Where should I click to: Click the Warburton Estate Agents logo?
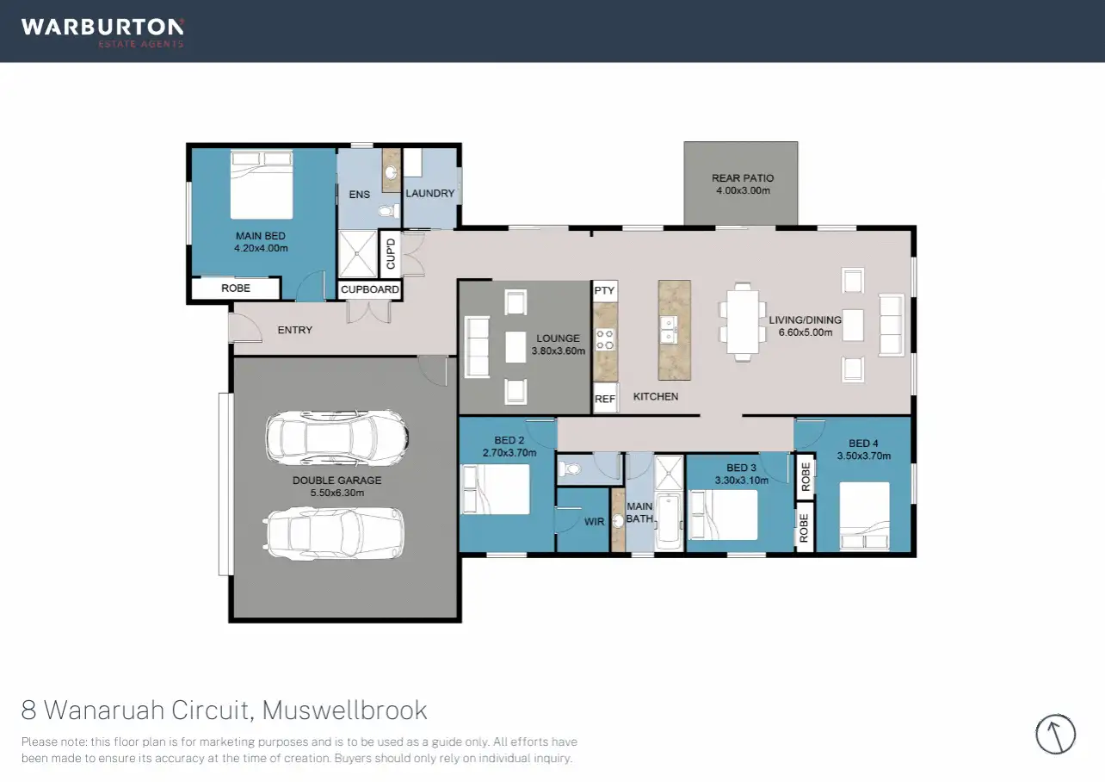click(x=102, y=31)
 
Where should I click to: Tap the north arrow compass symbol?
click(x=1056, y=735)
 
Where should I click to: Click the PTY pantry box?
click(x=604, y=291)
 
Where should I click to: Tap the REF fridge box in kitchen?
click(x=605, y=400)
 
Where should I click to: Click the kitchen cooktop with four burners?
click(x=605, y=338)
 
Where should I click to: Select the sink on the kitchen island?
click(x=668, y=327)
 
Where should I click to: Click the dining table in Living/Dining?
click(x=742, y=323)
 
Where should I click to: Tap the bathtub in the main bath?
click(x=669, y=521)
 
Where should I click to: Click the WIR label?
click(x=594, y=522)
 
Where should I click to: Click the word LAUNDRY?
click(x=429, y=194)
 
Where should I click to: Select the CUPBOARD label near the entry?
click(x=370, y=289)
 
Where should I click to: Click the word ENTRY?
click(x=294, y=330)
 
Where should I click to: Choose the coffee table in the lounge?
click(x=515, y=347)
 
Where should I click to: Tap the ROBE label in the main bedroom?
click(x=235, y=289)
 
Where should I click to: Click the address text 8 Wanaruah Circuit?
click(x=139, y=711)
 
